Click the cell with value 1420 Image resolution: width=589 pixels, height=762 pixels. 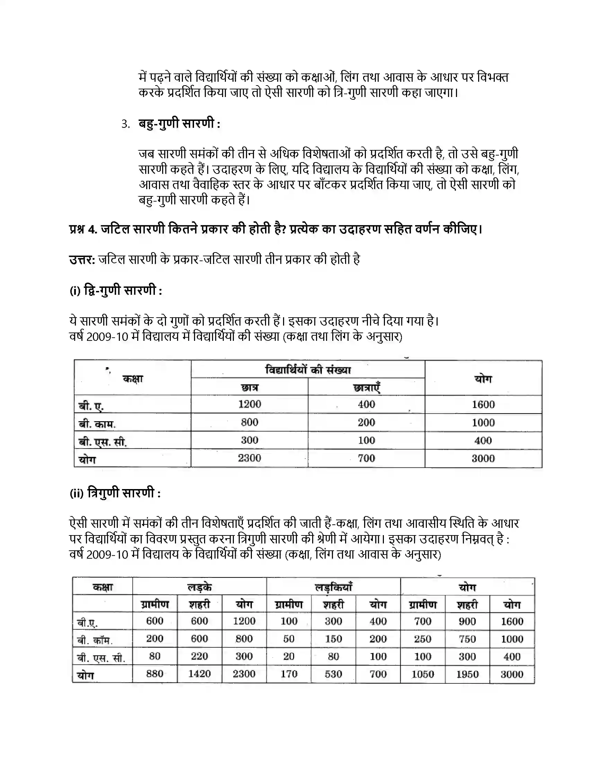point(199,673)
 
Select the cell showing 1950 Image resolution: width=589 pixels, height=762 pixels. point(467,674)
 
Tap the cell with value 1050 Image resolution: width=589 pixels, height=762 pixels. point(423,674)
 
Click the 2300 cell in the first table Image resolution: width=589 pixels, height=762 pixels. point(249,458)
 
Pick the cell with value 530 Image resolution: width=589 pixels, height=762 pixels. point(333,674)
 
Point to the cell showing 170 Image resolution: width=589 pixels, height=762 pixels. point(289,674)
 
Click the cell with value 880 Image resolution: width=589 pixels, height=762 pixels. point(155,673)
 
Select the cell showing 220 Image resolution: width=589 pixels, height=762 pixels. point(199,656)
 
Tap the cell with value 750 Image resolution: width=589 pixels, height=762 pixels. point(467,638)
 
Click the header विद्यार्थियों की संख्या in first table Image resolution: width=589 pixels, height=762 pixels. point(308,370)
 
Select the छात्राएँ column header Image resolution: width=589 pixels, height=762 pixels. point(366,387)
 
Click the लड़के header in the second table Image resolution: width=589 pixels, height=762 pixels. point(199,587)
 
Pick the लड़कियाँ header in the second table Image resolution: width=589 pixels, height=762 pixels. point(333,587)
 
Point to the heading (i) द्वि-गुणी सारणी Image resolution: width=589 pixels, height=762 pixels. point(116,290)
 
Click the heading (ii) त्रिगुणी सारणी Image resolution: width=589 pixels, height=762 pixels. point(115,493)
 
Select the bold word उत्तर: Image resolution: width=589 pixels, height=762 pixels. point(82,259)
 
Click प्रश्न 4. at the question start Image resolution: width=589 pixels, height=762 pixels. point(83,229)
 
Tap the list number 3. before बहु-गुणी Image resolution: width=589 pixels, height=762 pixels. point(126,124)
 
